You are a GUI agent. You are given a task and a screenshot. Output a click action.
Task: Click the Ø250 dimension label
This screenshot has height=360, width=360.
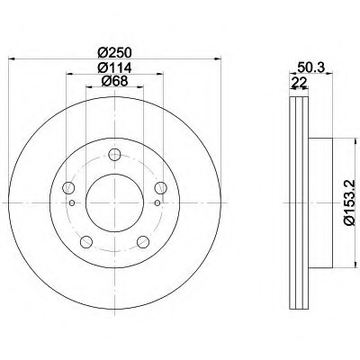[114, 53]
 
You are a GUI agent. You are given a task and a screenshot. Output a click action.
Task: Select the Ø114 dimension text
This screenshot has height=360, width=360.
[114, 67]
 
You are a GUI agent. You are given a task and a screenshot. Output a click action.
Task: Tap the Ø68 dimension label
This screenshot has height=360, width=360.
[114, 81]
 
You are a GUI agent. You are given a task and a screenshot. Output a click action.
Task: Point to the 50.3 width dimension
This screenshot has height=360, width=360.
[310, 67]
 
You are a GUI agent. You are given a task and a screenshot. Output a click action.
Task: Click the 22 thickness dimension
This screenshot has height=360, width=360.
[300, 82]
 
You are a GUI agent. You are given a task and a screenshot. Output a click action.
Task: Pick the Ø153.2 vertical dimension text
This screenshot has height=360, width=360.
[349, 202]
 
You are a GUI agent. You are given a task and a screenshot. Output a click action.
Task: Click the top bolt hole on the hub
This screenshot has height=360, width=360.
[114, 155]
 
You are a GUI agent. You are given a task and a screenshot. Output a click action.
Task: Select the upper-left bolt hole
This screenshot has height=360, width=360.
[68, 188]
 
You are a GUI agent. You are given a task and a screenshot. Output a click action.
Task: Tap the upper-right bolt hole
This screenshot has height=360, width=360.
[161, 188]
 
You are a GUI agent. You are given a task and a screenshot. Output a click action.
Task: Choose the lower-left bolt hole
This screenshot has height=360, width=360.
[86, 242]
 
